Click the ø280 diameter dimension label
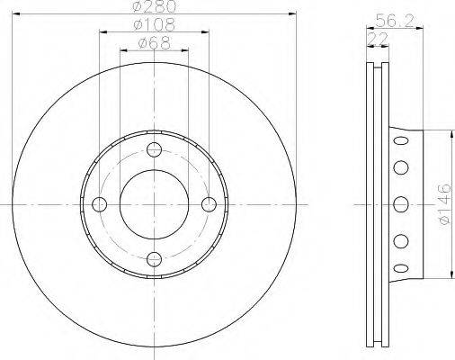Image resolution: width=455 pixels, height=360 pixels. (x=154, y=6)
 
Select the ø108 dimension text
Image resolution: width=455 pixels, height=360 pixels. (x=154, y=25)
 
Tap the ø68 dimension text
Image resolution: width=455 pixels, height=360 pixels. (x=154, y=43)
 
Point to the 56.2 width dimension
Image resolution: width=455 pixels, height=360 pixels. (x=395, y=21)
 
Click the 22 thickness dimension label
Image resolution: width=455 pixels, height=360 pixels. (x=378, y=39)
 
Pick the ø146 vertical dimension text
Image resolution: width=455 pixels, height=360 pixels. (x=444, y=204)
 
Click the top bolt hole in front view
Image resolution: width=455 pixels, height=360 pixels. (x=154, y=149)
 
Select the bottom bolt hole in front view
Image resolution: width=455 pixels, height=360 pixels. (x=154, y=259)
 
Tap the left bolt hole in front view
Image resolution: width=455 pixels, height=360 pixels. (x=100, y=204)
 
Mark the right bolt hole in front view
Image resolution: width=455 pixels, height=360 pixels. (x=209, y=204)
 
